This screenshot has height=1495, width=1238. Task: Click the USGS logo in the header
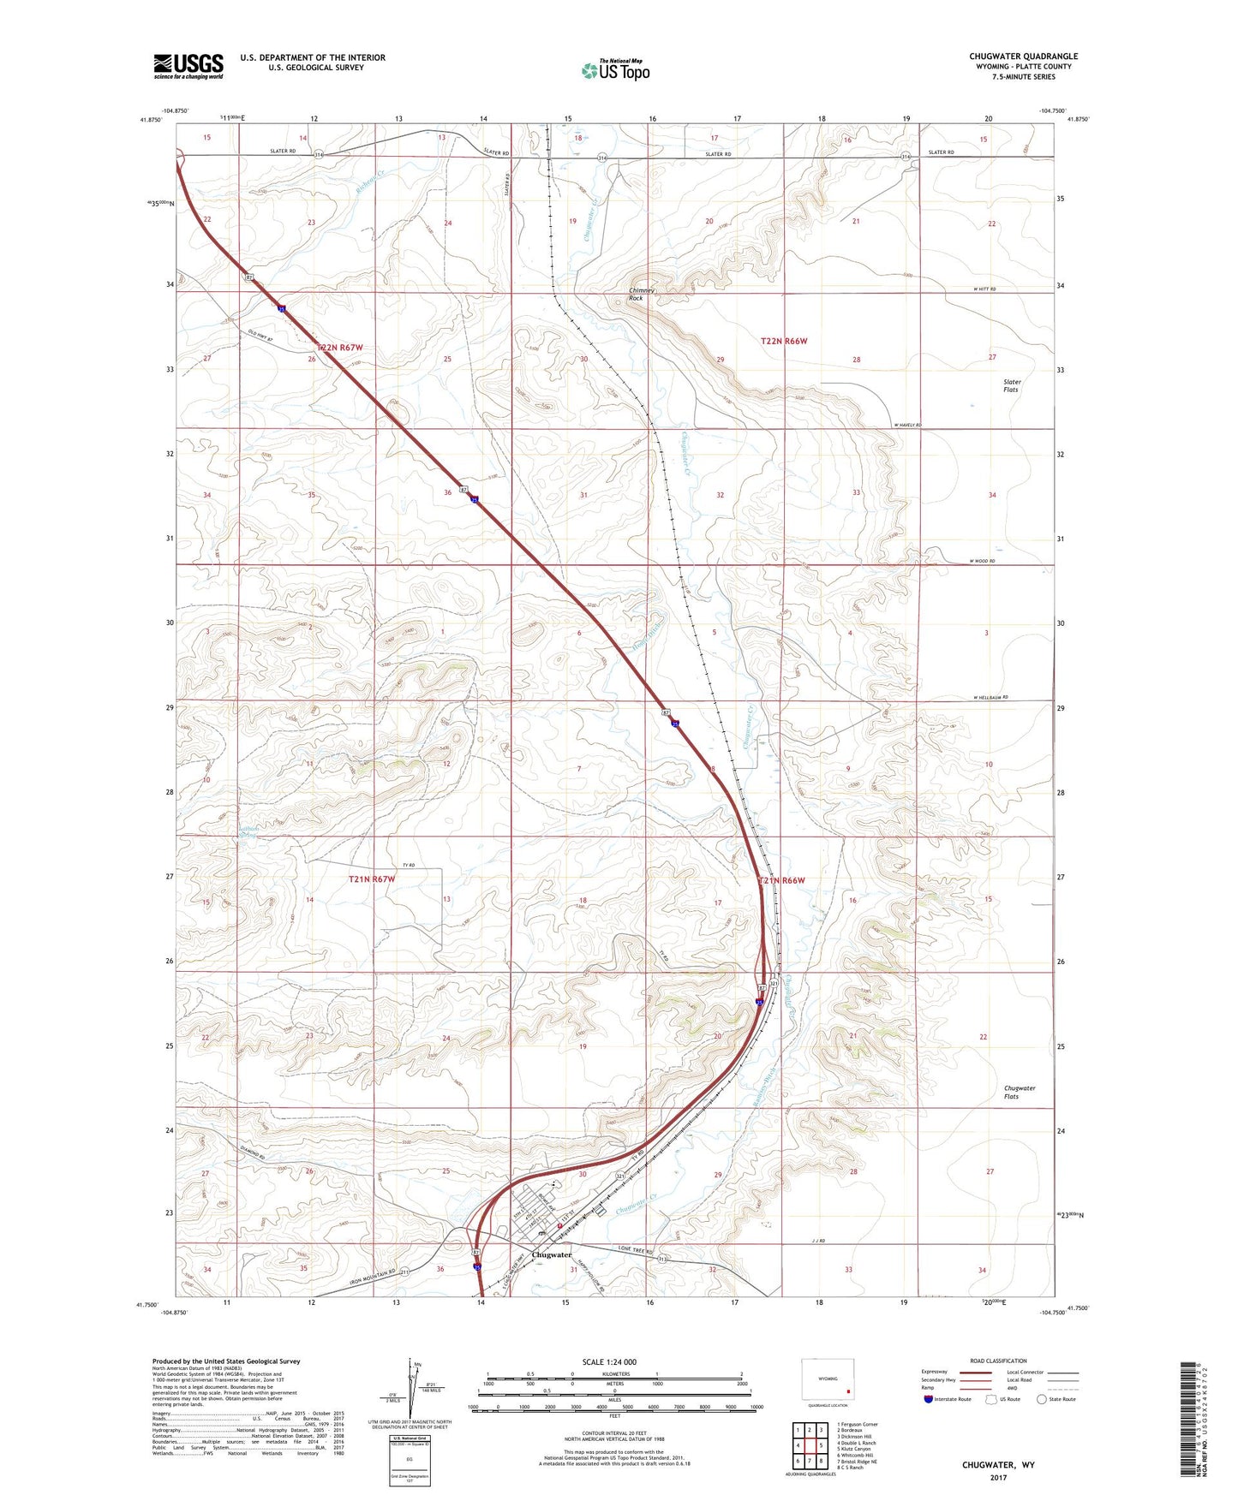[x=188, y=66]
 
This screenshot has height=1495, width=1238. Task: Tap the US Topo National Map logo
[x=616, y=70]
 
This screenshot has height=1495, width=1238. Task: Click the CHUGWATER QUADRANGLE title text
[x=1023, y=57]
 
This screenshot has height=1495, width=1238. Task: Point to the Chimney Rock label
[x=641, y=295]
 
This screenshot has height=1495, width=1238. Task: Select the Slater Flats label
[x=1011, y=386]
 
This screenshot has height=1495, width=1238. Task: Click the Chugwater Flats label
[x=1019, y=1092]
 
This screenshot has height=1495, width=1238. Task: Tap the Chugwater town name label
[x=552, y=1255]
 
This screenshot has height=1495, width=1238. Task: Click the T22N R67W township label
[x=340, y=348]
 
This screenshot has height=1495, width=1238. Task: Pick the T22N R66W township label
[x=784, y=341]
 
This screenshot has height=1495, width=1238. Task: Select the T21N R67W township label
[x=372, y=879]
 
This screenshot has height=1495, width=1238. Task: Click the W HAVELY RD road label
[x=907, y=425]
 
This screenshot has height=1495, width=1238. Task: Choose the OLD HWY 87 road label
[x=260, y=336]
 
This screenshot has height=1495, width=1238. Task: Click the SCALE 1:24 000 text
[x=609, y=1362]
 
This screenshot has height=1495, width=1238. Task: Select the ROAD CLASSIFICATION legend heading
[x=998, y=1361]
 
